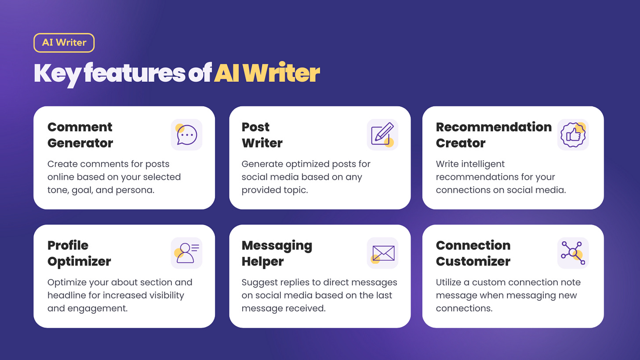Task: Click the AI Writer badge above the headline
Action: point(64,43)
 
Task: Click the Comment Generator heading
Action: point(80,135)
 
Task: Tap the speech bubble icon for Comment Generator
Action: point(186,135)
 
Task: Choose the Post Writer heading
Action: point(262,135)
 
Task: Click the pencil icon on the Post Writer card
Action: point(382,135)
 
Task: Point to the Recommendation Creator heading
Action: point(494,135)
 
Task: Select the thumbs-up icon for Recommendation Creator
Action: point(573,135)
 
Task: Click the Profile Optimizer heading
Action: point(79,253)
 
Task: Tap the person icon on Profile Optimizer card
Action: point(186,253)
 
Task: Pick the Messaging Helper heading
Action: point(277,253)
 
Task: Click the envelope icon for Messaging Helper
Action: point(382,253)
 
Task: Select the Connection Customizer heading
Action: point(473,253)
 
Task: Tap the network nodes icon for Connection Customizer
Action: point(573,253)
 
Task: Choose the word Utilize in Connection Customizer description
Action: point(449,282)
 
